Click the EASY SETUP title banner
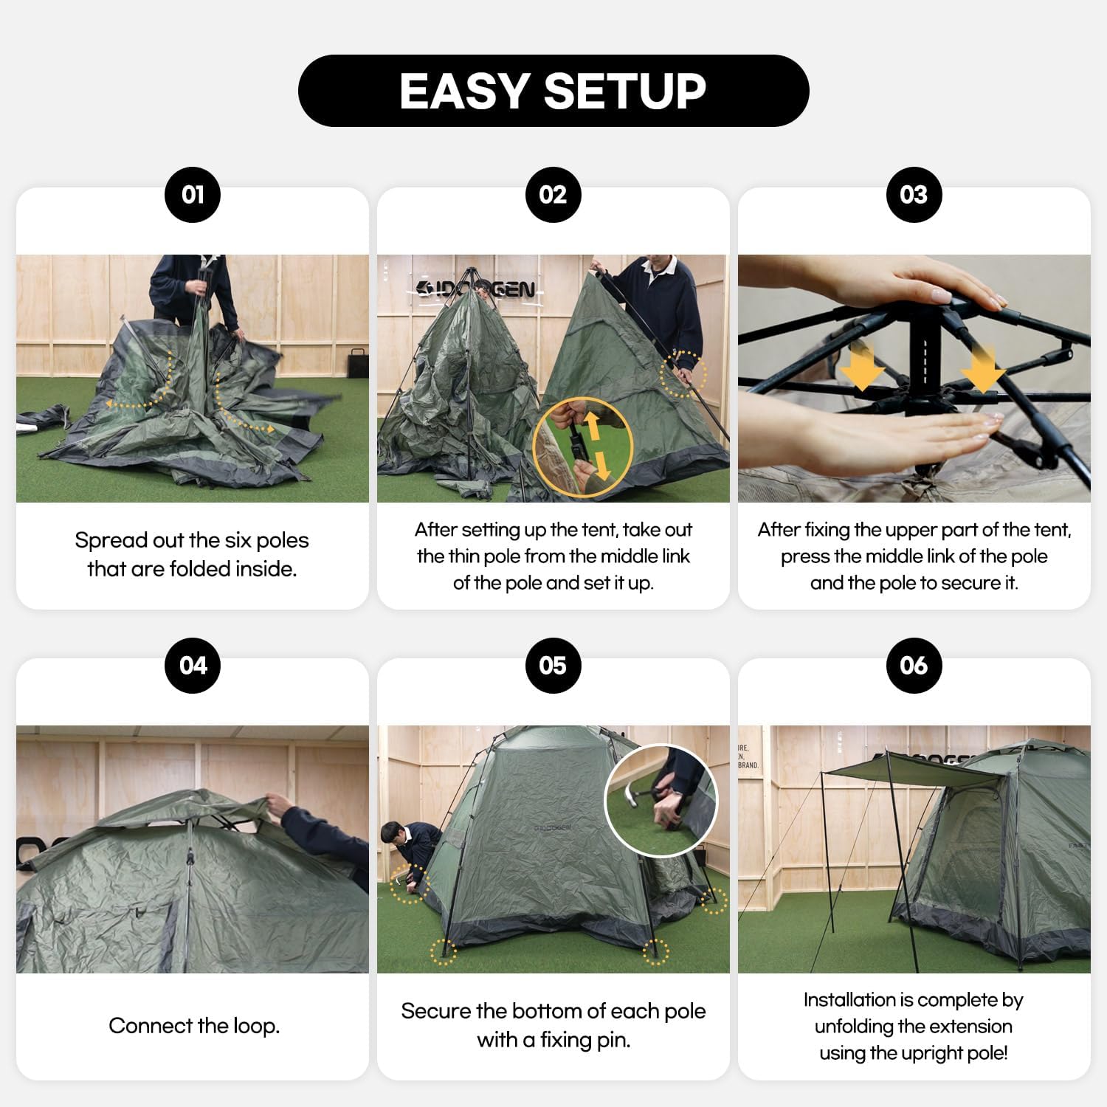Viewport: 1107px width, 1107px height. [x=553, y=91]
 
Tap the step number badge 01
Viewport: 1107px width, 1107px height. [x=193, y=195]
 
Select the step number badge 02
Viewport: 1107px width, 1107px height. [x=553, y=195]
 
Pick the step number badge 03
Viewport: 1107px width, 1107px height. [x=914, y=195]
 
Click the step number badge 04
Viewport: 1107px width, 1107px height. [x=193, y=666]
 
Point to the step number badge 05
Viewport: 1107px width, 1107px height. [x=553, y=666]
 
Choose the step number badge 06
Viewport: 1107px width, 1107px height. [x=914, y=666]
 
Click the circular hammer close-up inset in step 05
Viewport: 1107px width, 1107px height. [x=661, y=801]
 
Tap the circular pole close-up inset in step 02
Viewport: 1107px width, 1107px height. [x=583, y=447]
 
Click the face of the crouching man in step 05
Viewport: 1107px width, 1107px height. [x=396, y=838]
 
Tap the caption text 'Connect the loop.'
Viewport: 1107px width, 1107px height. [x=194, y=1026]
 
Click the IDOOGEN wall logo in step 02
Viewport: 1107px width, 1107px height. [x=476, y=289]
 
